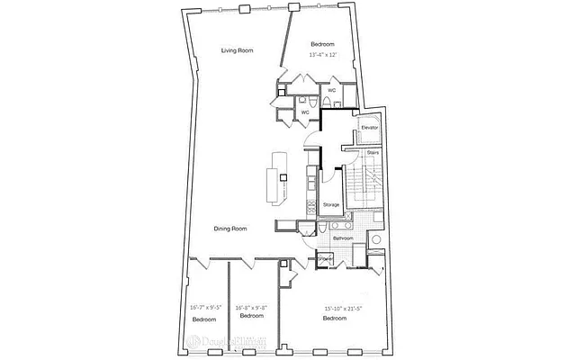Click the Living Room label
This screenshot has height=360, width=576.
[237, 50]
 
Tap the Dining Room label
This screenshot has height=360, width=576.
[230, 229]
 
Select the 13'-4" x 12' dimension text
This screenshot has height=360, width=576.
[322, 55]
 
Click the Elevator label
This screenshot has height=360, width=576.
[369, 128]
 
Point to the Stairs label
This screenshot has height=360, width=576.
[372, 153]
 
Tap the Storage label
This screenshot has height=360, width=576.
[331, 205]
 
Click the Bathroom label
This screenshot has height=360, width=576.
[343, 238]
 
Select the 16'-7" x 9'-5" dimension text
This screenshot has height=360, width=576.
[206, 307]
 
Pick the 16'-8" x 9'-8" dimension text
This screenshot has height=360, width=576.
[251, 307]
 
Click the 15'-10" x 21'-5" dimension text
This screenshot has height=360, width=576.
[346, 310]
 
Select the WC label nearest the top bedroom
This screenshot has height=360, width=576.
[332, 90]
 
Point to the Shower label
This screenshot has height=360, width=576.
[325, 258]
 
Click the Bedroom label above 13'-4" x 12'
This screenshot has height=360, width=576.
[322, 45]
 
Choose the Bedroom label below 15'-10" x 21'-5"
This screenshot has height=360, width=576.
[335, 319]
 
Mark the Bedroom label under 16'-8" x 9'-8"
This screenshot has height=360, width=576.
[251, 316]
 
